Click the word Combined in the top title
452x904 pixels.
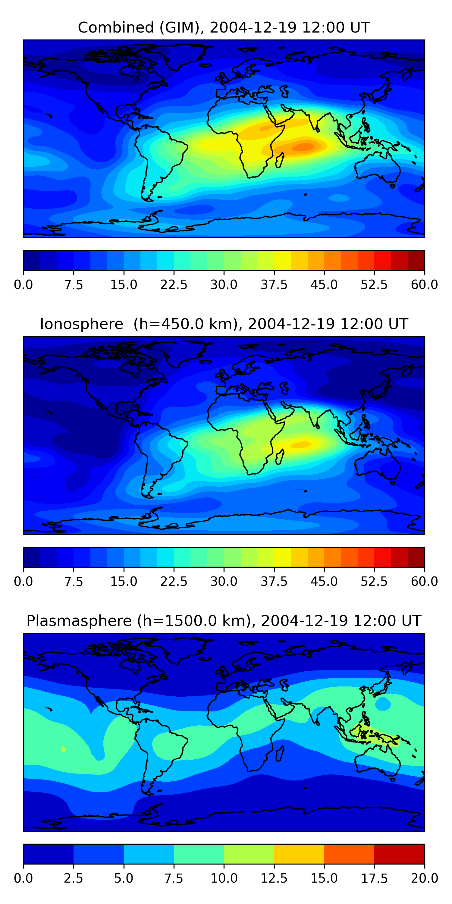(115, 27)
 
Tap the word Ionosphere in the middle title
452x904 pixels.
(81, 324)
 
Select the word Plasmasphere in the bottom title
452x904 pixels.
(79, 621)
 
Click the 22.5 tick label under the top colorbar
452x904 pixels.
(174, 284)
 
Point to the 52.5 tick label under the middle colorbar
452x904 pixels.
(374, 582)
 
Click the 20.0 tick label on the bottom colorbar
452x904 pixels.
(424, 878)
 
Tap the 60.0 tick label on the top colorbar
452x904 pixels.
(424, 284)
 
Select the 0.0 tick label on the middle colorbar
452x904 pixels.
(24, 582)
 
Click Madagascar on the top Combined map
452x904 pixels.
(280, 160)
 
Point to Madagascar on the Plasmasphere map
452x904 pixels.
(280, 753)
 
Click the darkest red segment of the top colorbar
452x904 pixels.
(416, 260)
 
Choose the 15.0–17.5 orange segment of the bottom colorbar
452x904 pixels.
(349, 854)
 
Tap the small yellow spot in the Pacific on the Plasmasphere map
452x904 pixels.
(63, 749)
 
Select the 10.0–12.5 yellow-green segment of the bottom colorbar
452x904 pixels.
(249, 854)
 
